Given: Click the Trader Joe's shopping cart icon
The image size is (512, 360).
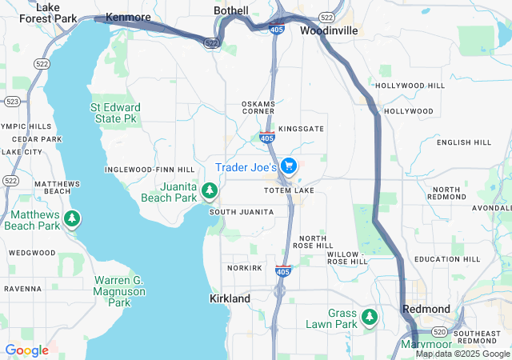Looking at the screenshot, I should [289, 166].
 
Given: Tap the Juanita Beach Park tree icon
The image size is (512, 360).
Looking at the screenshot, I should [210, 190].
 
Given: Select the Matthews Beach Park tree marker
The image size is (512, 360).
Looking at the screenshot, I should [72, 218].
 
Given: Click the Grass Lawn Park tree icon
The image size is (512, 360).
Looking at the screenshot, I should [370, 317].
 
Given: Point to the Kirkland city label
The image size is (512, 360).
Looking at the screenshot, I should [230, 298].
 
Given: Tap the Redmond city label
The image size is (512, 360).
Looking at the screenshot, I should [426, 309].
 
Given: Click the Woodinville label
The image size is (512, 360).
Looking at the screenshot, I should [329, 30].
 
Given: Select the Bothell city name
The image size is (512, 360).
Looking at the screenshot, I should [232, 10].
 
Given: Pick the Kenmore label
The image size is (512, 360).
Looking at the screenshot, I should [128, 17].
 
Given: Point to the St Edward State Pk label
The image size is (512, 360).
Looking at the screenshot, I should [115, 113].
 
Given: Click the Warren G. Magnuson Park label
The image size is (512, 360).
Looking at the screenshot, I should [118, 291].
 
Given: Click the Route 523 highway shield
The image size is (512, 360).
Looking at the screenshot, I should [12, 102].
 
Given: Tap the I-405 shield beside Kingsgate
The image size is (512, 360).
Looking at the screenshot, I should [267, 138].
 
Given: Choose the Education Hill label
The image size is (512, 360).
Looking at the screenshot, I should [448, 259].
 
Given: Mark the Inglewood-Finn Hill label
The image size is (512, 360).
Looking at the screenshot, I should [150, 170].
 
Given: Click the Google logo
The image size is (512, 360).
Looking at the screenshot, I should [26, 350].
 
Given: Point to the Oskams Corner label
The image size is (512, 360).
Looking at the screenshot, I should [258, 108].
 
